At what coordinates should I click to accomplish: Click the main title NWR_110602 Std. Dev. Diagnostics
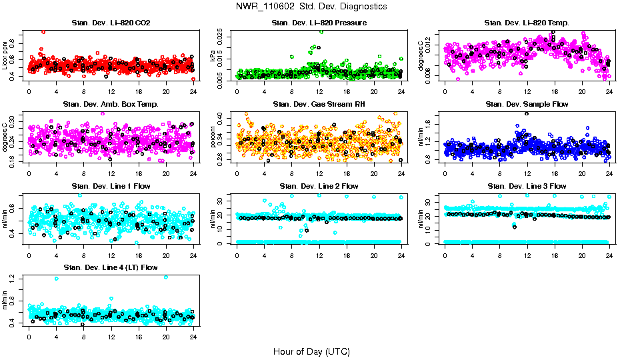pyautogui.click(x=311, y=7)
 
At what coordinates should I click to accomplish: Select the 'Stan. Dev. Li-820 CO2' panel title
pyautogui.click(x=111, y=23)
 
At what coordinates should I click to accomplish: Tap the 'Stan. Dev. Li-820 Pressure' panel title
pyautogui.click(x=319, y=23)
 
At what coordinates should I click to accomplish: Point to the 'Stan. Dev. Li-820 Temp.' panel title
pyautogui.click(x=527, y=23)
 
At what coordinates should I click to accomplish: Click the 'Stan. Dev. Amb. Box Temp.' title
pyautogui.click(x=111, y=104)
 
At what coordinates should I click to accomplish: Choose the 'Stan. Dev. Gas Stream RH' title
pyautogui.click(x=319, y=104)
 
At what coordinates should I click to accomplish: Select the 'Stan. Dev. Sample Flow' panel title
pyautogui.click(x=527, y=104)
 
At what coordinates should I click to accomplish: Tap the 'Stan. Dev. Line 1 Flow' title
pyautogui.click(x=111, y=186)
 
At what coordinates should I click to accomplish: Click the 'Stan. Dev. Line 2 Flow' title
pyautogui.click(x=319, y=186)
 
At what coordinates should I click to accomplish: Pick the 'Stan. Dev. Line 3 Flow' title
pyautogui.click(x=527, y=186)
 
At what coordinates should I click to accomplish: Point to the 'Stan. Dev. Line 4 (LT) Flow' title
pyautogui.click(x=111, y=267)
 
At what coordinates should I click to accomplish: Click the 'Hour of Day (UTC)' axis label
pyautogui.click(x=311, y=351)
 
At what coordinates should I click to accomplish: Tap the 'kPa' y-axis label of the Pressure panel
pyautogui.click(x=213, y=56)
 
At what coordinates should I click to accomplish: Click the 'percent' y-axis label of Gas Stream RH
pyautogui.click(x=213, y=137)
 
